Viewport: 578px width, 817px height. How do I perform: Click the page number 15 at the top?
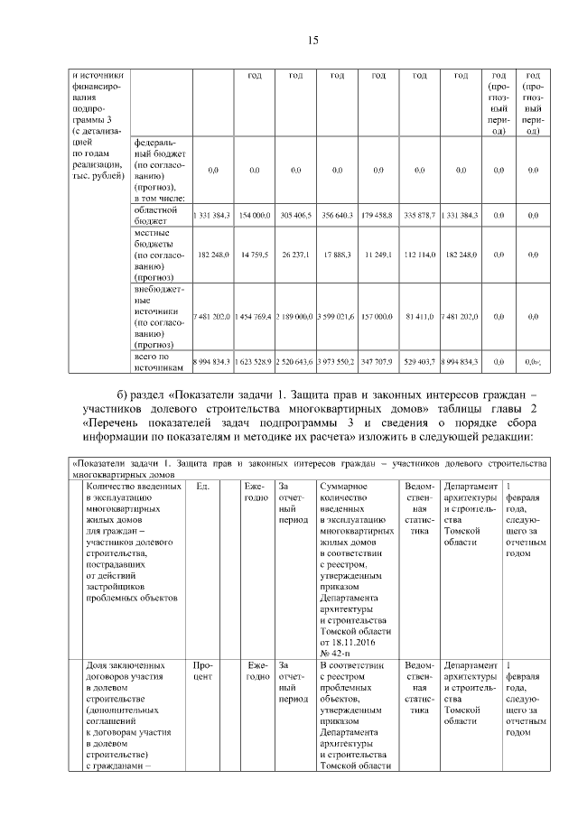313,40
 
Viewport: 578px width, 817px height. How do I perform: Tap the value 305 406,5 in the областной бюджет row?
295,216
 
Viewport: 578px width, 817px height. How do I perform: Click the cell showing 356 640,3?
337,216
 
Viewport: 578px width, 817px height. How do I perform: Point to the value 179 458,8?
378,216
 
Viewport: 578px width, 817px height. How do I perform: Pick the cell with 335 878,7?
420,216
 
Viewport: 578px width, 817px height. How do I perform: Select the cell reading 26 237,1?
295,255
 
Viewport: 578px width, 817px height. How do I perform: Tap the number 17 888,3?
337,255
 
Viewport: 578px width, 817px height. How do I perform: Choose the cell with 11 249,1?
378,255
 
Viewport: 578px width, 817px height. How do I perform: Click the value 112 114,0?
420,255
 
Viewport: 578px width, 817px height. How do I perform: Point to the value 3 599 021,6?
337,316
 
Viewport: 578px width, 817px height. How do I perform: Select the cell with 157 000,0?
378,316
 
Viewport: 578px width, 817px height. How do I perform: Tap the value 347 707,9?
378,361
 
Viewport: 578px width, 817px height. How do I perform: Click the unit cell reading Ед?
202,486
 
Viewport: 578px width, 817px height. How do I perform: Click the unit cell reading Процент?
202,672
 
